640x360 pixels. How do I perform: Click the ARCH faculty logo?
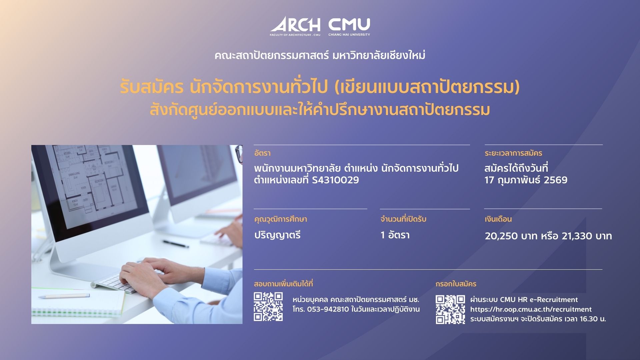click(x=295, y=26)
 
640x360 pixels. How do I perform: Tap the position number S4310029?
click(x=335, y=180)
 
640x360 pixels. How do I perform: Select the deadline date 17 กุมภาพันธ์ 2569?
click(x=526, y=180)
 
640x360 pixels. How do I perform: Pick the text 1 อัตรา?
click(x=395, y=235)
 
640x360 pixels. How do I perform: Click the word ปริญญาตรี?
click(x=277, y=235)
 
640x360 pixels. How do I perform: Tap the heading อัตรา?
click(x=262, y=153)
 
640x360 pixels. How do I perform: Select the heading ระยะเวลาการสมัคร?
click(x=513, y=153)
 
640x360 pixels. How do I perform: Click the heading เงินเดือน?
click(x=498, y=219)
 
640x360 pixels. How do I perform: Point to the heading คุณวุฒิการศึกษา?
click(x=280, y=219)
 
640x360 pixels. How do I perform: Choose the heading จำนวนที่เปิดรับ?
click(x=403, y=219)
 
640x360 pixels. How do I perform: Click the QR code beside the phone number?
click(x=268, y=307)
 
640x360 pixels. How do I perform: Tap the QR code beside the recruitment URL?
click(x=450, y=309)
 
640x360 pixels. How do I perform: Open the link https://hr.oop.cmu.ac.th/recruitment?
click(x=531, y=309)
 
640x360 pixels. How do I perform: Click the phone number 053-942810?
click(x=328, y=309)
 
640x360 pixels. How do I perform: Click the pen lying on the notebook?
click(x=64, y=296)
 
